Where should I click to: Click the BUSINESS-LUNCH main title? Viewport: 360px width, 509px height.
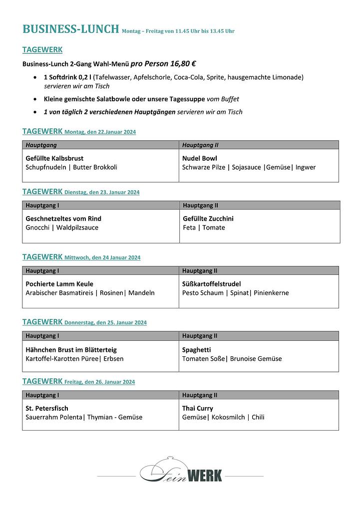click(71, 29)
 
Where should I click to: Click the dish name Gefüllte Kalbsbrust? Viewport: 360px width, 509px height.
click(54, 158)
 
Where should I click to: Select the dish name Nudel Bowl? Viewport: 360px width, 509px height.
click(200, 158)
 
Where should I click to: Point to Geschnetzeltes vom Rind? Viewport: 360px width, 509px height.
click(63, 219)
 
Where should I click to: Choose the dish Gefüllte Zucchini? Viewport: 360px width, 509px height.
click(208, 219)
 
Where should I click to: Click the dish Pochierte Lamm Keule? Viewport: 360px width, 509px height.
click(59, 284)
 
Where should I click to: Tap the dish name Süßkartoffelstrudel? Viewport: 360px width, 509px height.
click(211, 284)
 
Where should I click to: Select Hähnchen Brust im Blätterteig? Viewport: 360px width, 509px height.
click(71, 350)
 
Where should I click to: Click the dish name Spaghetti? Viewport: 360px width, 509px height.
click(196, 350)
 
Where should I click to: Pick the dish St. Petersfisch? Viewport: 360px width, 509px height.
click(47, 408)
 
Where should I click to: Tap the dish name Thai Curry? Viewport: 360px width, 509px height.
click(198, 408)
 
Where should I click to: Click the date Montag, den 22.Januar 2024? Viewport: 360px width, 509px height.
click(100, 132)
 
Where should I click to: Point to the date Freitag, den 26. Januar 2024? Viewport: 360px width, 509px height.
click(99, 382)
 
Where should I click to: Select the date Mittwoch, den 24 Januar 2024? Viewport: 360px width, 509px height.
click(102, 258)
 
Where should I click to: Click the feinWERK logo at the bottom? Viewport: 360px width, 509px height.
click(181, 472)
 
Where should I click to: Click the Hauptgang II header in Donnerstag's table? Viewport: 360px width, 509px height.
click(200, 336)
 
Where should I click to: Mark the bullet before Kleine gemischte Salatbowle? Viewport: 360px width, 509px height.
click(34, 99)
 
